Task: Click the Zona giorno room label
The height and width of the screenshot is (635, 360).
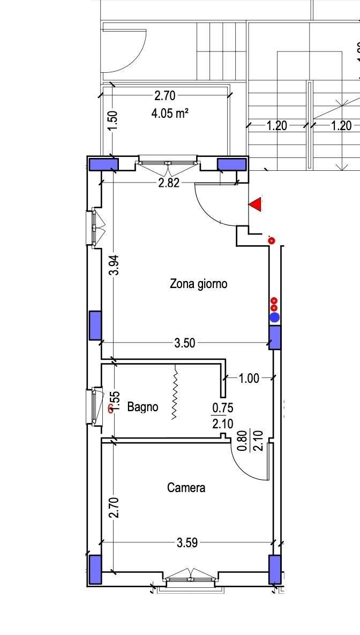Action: [x=198, y=284]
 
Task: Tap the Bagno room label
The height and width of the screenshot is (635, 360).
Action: [x=142, y=406]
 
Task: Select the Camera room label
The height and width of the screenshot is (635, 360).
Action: [x=186, y=488]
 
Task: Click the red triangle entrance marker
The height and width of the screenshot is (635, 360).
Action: [x=256, y=205]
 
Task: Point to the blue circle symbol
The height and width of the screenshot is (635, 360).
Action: [x=275, y=317]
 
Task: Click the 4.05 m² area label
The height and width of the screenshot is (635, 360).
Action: [x=170, y=114]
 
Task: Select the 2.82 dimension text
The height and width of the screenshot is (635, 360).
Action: [x=168, y=183]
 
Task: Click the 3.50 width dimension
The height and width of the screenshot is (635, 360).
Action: [x=184, y=343]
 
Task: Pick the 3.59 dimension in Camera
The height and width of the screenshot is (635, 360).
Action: [x=187, y=543]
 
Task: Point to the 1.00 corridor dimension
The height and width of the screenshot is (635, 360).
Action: [x=249, y=378]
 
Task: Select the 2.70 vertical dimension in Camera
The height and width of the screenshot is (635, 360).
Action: [x=115, y=508]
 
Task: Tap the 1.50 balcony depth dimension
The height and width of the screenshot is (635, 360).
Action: [x=114, y=120]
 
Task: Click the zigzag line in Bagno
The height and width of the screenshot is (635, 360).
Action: [x=176, y=392]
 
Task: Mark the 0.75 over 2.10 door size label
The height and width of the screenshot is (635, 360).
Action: [x=222, y=415]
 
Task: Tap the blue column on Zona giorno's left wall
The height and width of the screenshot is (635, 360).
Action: [x=95, y=325]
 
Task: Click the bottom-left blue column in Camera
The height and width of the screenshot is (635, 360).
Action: [x=95, y=569]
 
